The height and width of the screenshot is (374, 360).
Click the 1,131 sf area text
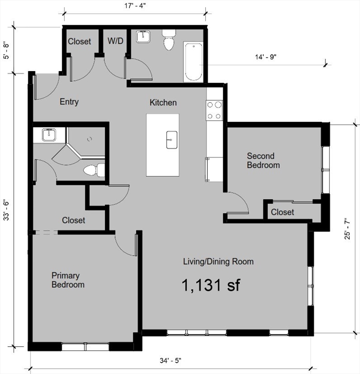click(211, 285)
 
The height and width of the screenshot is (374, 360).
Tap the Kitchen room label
click(163, 103)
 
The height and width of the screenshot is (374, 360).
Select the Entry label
click(69, 102)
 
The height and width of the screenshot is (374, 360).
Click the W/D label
click(115, 41)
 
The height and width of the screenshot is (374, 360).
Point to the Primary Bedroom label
click(68, 280)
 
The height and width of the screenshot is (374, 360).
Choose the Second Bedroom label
click(263, 161)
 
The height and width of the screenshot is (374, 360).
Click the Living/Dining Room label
click(218, 262)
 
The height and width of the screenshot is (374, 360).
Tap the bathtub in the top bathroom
click(193, 62)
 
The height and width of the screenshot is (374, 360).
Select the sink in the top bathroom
click(144, 37)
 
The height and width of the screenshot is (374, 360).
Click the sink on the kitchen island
click(171, 139)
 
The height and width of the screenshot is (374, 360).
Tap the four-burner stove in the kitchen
click(215, 110)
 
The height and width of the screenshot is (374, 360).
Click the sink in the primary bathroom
click(48, 134)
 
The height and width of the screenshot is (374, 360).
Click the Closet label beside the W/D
click(79, 41)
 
